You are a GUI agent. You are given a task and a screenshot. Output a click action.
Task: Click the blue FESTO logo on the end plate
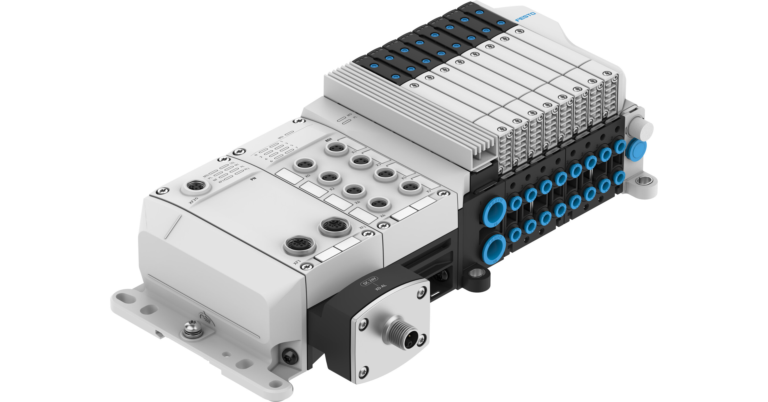coord(525,17)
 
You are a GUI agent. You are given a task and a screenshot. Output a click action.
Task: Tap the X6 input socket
coord(379,204)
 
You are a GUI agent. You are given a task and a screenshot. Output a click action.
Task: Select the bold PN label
coord(254,179)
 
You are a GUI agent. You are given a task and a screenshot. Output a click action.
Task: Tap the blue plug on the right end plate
coord(636,149)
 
